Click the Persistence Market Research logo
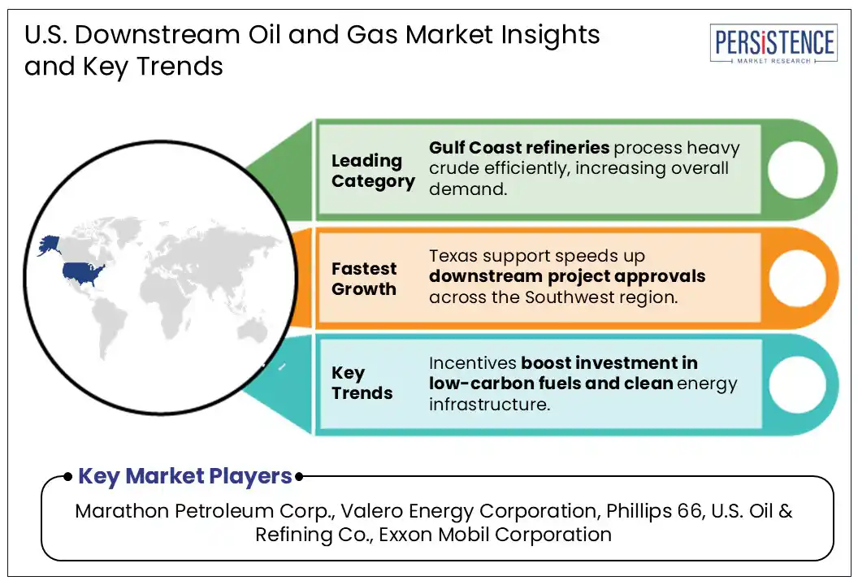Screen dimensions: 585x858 coord(773,44)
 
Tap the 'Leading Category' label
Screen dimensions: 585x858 coord(372,171)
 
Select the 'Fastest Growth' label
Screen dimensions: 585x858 coord(364,279)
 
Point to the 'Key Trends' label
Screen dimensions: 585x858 coord(362,383)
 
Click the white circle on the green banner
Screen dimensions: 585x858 coord(795,170)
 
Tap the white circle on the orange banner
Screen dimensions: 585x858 coord(795,278)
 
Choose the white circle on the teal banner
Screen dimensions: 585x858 coord(795,383)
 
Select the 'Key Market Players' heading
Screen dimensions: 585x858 coord(184,476)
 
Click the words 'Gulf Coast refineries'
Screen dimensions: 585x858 coord(519,148)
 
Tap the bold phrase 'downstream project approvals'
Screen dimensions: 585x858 coord(567,276)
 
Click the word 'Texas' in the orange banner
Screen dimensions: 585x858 coord(453,256)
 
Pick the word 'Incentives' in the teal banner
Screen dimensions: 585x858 coord(472,362)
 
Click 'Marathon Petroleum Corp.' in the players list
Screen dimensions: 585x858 coord(203,511)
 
